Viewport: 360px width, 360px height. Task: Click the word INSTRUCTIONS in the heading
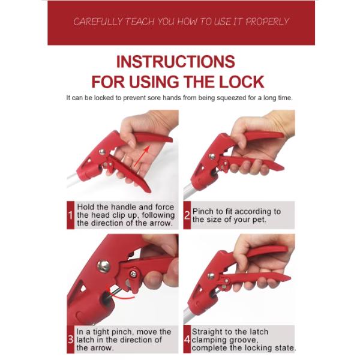coord(176,62)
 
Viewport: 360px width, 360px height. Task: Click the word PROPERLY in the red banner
coord(267,22)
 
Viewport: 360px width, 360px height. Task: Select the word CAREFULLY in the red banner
coord(98,22)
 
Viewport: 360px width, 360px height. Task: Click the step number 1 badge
coord(70,215)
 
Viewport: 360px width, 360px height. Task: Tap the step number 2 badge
coord(187,215)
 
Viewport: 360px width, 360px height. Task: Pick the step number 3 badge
coord(70,340)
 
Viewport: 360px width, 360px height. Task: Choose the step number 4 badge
coord(187,340)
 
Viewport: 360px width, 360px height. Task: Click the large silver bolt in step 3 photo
coord(104,266)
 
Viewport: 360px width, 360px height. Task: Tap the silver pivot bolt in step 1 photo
coord(102,152)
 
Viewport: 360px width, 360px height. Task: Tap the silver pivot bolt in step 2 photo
coord(212,157)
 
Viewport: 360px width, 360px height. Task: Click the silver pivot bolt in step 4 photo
coord(211,276)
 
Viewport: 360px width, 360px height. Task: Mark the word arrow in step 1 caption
coord(161,223)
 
